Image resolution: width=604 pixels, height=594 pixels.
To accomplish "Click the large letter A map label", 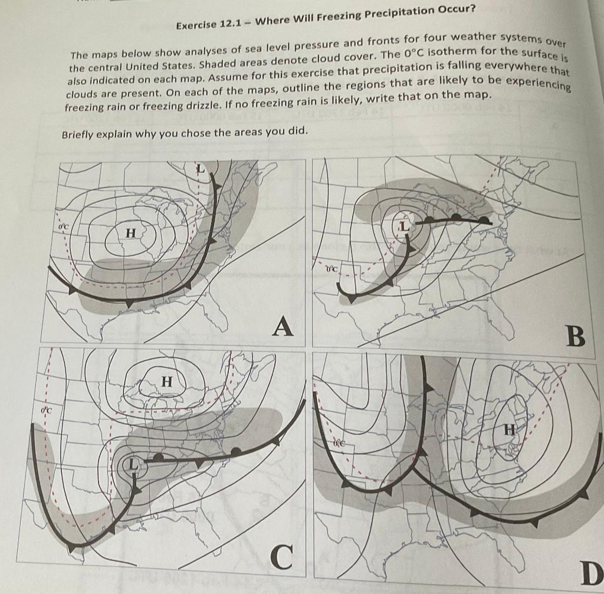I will [x=284, y=326].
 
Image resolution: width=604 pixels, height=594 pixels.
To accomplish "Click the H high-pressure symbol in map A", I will [x=131, y=234].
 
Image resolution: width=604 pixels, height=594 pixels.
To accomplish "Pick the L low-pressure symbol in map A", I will [x=201, y=169].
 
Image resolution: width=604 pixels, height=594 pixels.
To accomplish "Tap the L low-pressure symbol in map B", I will [x=405, y=226].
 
